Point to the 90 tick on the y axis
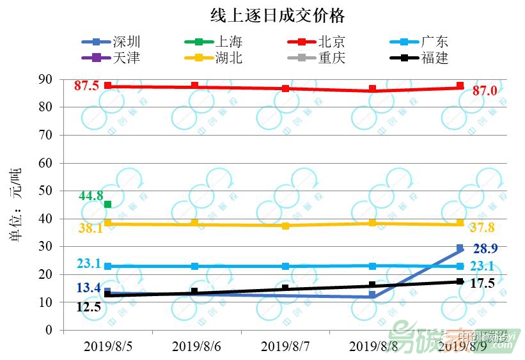(45, 79)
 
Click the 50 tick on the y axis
(45, 191)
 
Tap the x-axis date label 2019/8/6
(196, 347)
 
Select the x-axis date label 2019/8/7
(285, 347)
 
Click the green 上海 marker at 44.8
(107, 205)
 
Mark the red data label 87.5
(86, 86)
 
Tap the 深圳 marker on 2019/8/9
(460, 248)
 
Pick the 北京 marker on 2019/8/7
(285, 88)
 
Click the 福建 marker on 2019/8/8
(372, 285)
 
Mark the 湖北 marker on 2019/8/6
(195, 224)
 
